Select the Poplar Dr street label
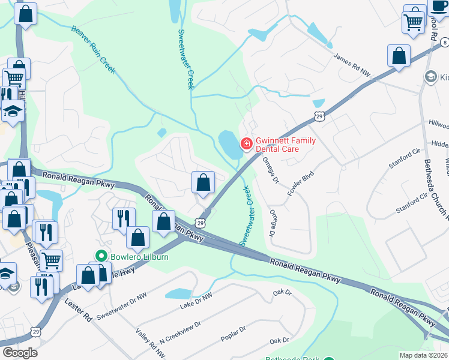tap(234, 334)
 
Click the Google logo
tap(19, 353)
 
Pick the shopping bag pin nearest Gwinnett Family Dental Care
tap(203, 182)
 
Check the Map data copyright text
tap(423, 355)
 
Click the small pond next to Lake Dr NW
tap(178, 293)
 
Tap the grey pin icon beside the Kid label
tap(430, 77)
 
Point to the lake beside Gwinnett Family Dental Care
tap(229, 145)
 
